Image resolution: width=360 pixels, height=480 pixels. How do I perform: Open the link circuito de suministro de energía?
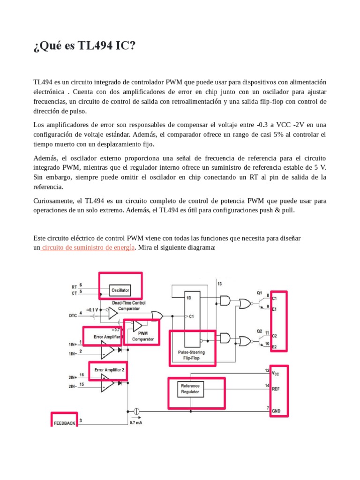click(88, 247)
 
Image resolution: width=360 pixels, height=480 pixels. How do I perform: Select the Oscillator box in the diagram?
click(120, 290)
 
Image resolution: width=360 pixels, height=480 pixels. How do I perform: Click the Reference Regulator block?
click(190, 389)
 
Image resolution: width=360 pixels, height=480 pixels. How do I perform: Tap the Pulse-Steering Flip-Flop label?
click(191, 355)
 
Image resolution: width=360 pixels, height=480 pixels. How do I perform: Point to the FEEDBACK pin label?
click(64, 422)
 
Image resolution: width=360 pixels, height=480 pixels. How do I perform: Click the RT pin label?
click(74, 286)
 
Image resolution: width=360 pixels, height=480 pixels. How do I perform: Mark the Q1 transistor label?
click(259, 292)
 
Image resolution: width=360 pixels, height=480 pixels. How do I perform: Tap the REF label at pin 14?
click(276, 388)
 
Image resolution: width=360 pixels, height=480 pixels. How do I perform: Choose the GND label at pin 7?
click(276, 411)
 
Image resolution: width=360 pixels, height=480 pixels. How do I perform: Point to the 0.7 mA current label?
click(135, 423)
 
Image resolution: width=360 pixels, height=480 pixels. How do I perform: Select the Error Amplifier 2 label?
click(109, 369)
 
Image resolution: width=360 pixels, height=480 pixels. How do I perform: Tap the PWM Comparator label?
click(143, 336)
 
